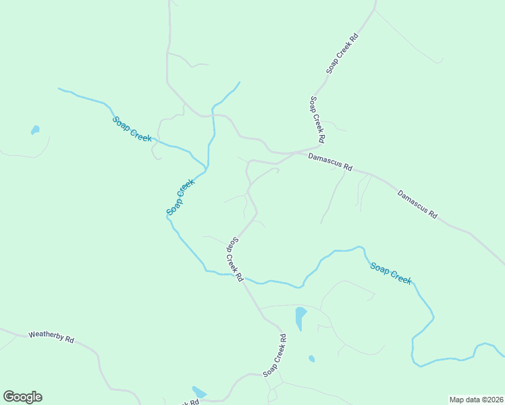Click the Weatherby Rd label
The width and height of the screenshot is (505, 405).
click(51, 337)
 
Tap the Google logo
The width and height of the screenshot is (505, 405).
click(22, 397)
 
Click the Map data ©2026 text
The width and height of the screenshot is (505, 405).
click(476, 400)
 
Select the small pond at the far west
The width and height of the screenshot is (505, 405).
click(35, 130)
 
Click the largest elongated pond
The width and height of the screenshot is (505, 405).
click(300, 317)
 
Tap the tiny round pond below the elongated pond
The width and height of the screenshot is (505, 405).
click(311, 359)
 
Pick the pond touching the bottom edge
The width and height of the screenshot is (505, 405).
click(198, 392)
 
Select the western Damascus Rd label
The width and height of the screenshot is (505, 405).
click(330, 161)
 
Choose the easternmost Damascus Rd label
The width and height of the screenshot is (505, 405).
click(417, 205)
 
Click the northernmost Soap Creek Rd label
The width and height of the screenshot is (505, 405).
click(342, 52)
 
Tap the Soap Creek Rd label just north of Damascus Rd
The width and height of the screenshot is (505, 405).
click(317, 119)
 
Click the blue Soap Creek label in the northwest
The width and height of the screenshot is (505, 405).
click(132, 129)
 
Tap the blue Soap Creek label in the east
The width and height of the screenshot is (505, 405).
click(390, 273)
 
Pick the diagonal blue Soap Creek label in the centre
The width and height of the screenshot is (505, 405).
click(180, 197)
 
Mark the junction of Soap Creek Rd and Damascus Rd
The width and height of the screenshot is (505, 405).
click(319, 146)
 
